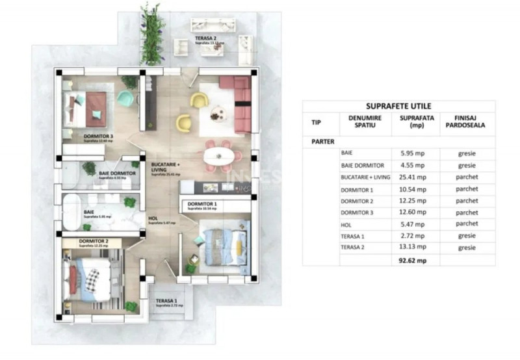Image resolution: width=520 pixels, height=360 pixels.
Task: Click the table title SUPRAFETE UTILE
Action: (x=398, y=106)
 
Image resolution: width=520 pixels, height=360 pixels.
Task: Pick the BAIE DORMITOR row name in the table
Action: (x=362, y=166)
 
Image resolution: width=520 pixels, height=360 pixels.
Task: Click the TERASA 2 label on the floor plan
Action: (x=206, y=39)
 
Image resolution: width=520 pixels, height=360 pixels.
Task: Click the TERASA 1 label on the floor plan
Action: (x=166, y=301)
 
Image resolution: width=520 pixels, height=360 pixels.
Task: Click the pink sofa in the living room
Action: (x=241, y=101)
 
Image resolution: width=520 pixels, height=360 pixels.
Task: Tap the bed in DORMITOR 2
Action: (x=90, y=281)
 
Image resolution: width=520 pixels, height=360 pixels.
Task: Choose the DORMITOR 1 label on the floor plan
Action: (x=200, y=205)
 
